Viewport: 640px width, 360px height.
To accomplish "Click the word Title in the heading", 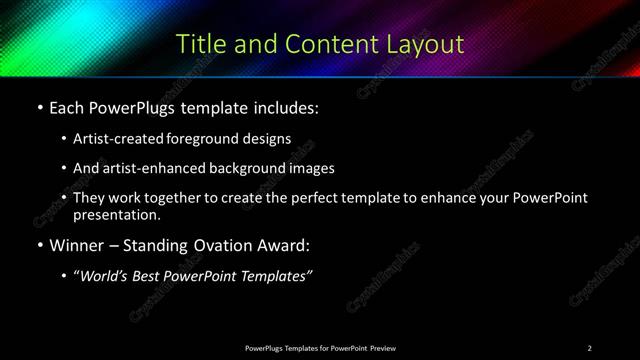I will [x=199, y=44].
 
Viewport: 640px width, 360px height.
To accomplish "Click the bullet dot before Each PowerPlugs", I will [x=38, y=106].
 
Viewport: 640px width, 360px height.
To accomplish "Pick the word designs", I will [x=269, y=138].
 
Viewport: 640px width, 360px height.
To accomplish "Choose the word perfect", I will [x=330, y=198].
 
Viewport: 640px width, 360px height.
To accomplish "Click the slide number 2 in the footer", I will [x=590, y=347].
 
